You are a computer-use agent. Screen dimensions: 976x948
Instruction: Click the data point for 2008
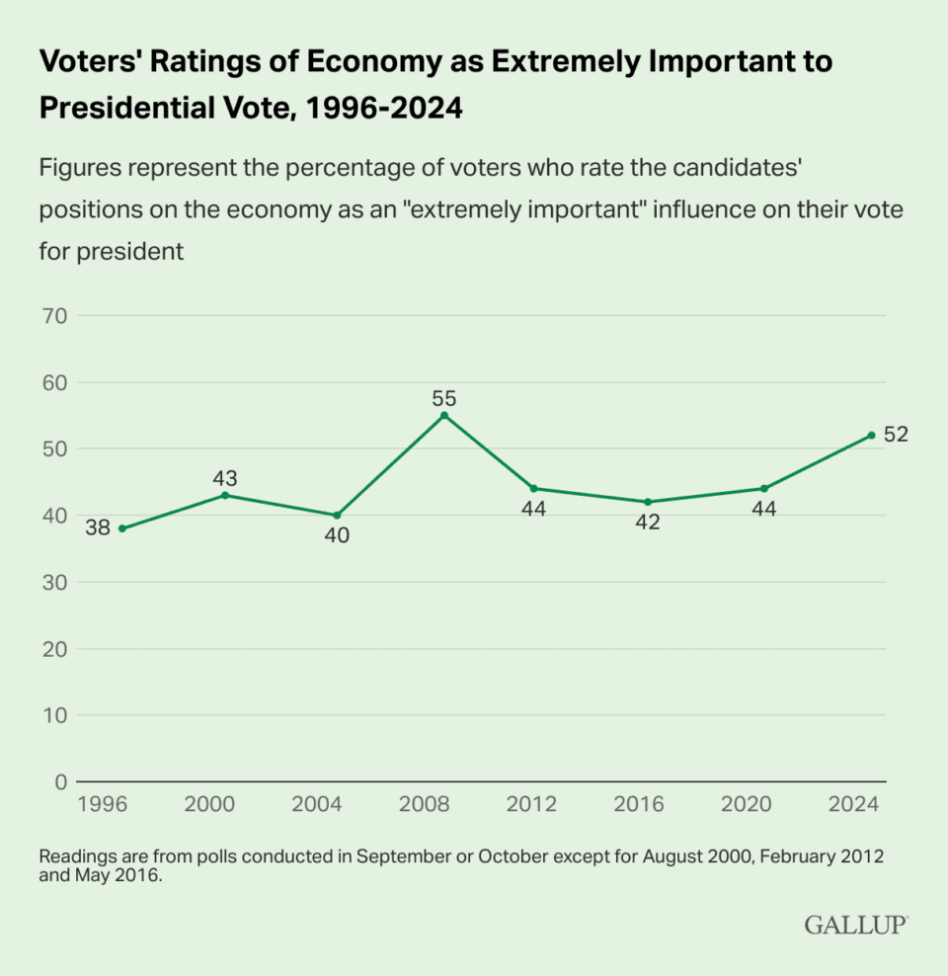pos(443,415)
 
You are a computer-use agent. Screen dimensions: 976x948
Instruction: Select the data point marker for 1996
pos(121,529)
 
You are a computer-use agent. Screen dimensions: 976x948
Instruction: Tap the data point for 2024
pos(871,435)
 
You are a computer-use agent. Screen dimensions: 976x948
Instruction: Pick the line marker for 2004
pos(336,515)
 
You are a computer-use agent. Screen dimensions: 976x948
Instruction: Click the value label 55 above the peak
pos(443,398)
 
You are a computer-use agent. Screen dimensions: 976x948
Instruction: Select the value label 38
pos(97,529)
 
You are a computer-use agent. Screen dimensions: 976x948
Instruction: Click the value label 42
pos(647,523)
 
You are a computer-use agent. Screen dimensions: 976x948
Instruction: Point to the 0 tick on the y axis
pos(60,781)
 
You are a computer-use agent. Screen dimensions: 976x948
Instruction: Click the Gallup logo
pos(854,925)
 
